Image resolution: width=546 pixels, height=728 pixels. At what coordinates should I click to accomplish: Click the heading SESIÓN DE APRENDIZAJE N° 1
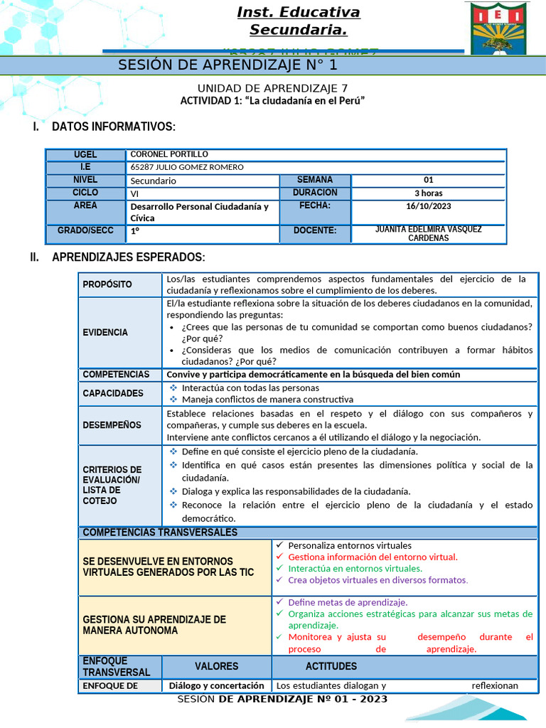point(227,65)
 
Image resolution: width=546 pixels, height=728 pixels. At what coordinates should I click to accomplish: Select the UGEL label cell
point(85,155)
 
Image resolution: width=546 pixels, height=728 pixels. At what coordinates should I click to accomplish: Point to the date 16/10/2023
point(429,206)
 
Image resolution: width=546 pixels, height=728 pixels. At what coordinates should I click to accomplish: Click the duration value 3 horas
point(429,193)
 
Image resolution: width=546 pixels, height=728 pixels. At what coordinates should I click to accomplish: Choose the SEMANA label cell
point(314,180)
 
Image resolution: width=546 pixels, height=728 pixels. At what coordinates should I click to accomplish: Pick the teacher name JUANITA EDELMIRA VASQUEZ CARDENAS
point(428,234)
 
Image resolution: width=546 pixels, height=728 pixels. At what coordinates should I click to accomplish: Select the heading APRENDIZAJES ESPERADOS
point(128,257)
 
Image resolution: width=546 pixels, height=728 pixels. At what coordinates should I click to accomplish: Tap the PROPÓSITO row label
point(107,284)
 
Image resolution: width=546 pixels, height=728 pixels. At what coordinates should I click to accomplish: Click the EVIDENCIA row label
point(105,332)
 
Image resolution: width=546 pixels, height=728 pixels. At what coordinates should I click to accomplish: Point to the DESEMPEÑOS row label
point(112,425)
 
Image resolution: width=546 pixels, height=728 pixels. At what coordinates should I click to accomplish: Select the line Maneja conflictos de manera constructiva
point(267,400)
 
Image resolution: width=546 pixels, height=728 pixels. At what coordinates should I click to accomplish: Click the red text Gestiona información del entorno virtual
point(373,557)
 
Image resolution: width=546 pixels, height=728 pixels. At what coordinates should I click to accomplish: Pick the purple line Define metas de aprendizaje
point(348,602)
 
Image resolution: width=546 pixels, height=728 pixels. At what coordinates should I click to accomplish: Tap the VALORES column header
point(217,666)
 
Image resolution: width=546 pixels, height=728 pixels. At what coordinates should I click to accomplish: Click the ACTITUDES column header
point(331,666)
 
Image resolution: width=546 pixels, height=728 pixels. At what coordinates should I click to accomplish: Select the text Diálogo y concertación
point(217,686)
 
